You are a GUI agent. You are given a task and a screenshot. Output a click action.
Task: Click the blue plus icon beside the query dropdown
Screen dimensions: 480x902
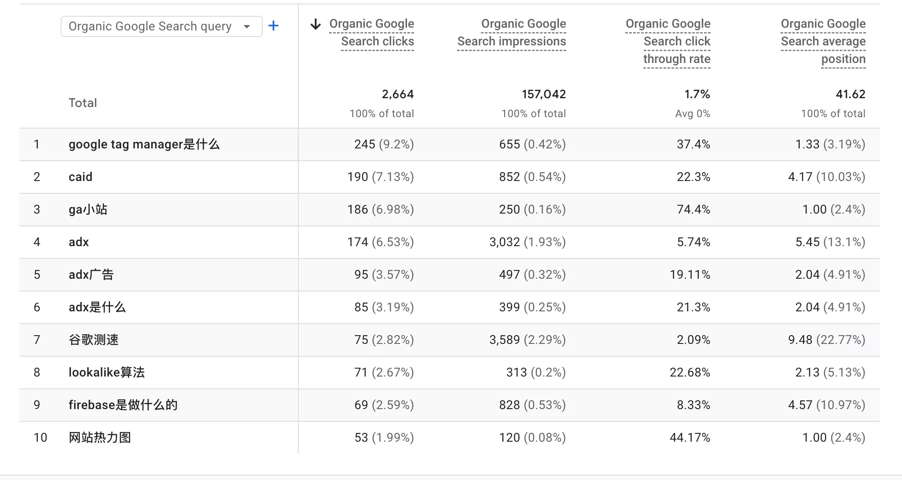coord(273,26)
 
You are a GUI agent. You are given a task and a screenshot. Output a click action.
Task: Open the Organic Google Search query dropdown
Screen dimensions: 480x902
coord(161,26)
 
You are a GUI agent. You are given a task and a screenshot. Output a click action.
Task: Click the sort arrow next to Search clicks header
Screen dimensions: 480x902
coord(315,24)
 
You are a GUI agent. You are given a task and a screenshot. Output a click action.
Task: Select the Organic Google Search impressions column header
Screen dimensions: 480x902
coord(512,33)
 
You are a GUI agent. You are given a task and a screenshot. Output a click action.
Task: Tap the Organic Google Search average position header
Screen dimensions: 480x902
coord(823,41)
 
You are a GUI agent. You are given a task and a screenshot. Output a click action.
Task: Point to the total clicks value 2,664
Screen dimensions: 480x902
coord(397,94)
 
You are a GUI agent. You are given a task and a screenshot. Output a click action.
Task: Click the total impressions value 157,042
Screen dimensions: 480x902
coord(543,94)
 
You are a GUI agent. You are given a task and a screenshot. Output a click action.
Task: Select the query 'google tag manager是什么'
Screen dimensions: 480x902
coord(144,144)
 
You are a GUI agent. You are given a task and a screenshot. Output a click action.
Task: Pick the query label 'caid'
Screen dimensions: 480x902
coord(81,177)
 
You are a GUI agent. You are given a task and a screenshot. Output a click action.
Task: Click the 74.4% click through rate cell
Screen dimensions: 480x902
coord(693,210)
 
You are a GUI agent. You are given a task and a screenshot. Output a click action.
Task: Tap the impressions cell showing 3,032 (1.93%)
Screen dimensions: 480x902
coord(527,242)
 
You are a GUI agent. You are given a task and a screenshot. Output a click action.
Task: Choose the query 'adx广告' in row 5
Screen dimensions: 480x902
coord(91,275)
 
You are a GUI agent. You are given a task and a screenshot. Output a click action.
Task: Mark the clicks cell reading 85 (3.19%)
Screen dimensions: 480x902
coord(384,307)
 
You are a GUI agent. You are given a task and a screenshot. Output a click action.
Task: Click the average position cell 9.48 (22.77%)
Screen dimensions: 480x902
coord(826,340)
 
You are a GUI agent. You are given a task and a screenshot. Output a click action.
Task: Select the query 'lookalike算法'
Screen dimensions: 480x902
coord(106,373)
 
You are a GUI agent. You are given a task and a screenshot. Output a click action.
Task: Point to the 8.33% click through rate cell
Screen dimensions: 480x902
coord(693,405)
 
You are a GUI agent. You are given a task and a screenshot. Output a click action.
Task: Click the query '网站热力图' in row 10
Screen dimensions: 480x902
coord(100,438)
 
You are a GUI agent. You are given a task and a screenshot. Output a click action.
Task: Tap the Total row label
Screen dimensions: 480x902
coord(83,103)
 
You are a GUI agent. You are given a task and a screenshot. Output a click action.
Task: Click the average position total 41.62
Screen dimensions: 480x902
coord(850,94)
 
